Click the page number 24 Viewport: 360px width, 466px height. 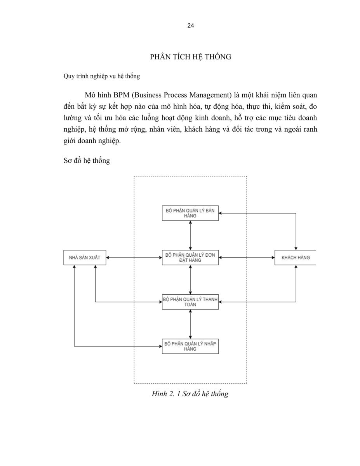pyautogui.click(x=191, y=26)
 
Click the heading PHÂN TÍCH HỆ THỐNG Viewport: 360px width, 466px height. pyautogui.click(x=190, y=57)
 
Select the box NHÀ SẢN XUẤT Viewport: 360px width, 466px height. pyautogui.click(x=85, y=257)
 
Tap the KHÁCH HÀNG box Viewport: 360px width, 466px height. pyautogui.click(x=295, y=257)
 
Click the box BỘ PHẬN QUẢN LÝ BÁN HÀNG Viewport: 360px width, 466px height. pyautogui.click(x=190, y=213)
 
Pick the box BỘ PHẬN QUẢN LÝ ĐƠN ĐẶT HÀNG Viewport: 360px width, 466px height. pyautogui.click(x=190, y=257)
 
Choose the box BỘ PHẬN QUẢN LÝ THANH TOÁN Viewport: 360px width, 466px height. pyautogui.click(x=190, y=302)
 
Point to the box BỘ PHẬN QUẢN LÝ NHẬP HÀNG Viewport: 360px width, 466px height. pyautogui.click(x=190, y=346)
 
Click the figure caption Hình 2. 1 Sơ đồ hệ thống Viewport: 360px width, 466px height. pyautogui.click(x=190, y=394)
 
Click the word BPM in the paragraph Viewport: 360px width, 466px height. pyautogui.click(x=121, y=95)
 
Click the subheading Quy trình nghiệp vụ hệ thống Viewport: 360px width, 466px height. pyautogui.click(x=102, y=76)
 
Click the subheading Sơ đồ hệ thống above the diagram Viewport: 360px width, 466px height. pyautogui.click(x=87, y=160)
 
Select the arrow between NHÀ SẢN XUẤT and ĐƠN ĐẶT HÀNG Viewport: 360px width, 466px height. pyautogui.click(x=134, y=257)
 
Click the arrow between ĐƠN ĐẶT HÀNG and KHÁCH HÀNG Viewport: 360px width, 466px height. pyautogui.click(x=247, y=257)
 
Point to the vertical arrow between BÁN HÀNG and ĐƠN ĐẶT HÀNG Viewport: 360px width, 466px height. pyautogui.click(x=190, y=235)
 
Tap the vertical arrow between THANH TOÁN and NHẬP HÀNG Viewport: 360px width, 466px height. pyautogui.click(x=190, y=324)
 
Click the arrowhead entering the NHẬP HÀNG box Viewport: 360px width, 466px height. pyautogui.click(x=160, y=346)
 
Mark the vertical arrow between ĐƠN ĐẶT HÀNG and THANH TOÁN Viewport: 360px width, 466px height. pyautogui.click(x=190, y=280)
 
